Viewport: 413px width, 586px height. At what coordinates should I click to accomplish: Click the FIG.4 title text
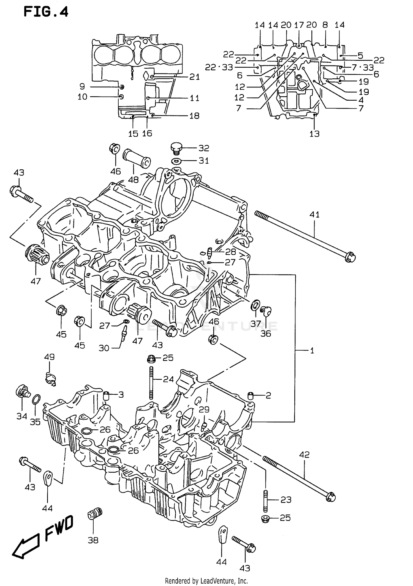46,12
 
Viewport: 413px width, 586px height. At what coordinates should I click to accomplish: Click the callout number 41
314,214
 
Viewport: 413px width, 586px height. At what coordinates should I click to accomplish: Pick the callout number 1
312,351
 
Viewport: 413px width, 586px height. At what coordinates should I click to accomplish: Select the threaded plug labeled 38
95,513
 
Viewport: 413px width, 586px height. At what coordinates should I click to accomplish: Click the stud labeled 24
151,383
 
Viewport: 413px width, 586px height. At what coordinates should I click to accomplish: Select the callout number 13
314,134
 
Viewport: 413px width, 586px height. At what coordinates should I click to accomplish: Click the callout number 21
194,77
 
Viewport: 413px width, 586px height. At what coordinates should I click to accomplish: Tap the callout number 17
299,25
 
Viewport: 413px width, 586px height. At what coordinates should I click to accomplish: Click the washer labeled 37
255,305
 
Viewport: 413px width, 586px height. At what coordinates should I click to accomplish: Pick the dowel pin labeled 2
251,396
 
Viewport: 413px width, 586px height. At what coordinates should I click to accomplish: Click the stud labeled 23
266,500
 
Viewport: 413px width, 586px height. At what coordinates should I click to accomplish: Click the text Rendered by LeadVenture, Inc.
206,581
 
